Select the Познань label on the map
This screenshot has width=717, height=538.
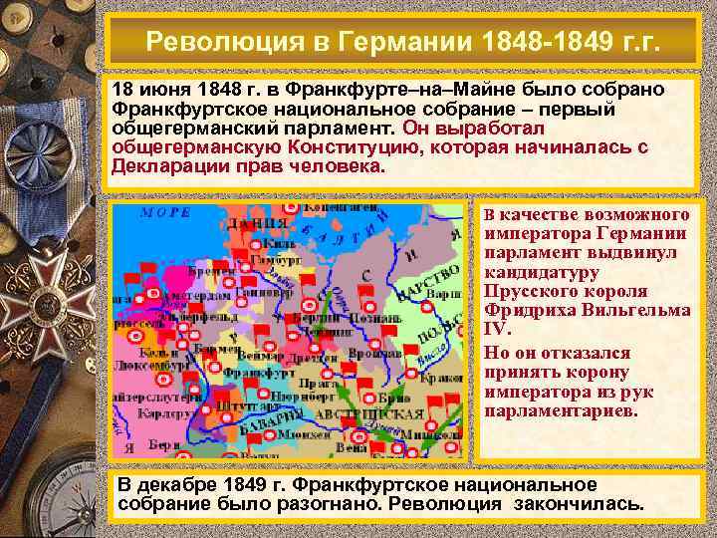click(x=381, y=317)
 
